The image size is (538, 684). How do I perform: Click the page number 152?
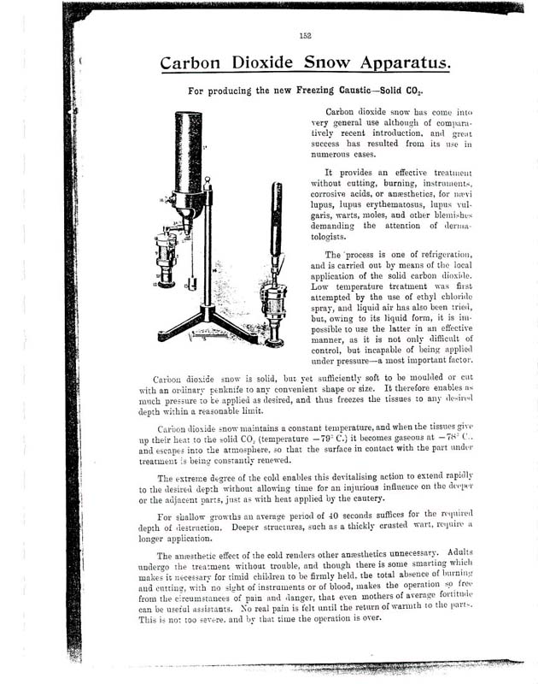point(307,36)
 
